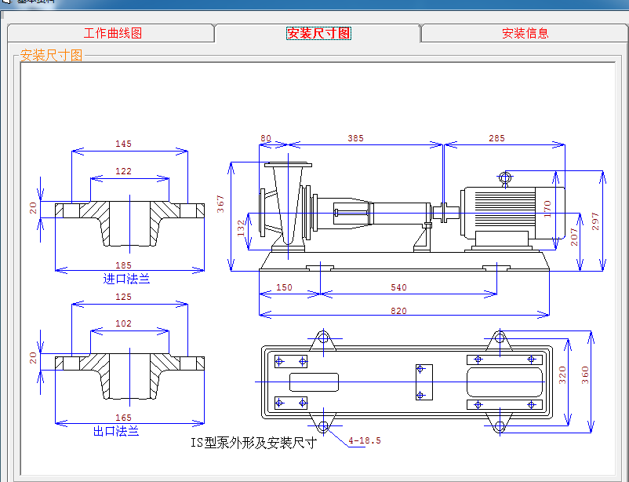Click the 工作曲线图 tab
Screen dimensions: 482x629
(112, 34)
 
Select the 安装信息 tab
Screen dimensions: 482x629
(525, 34)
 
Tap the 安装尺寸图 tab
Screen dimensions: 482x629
(318, 34)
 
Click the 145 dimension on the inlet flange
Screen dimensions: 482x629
(123, 144)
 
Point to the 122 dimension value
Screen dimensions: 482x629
(123, 171)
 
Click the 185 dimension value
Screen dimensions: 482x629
(123, 265)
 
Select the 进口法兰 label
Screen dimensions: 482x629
(126, 279)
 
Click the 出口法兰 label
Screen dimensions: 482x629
(116, 431)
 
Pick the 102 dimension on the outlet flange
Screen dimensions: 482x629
(123, 323)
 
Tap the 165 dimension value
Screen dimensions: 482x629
(123, 418)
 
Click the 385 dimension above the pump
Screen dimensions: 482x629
(355, 138)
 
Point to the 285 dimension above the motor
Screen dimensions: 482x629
(496, 138)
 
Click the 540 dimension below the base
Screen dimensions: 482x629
(398, 287)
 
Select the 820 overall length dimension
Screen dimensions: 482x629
(398, 311)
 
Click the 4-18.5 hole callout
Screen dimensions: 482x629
(365, 440)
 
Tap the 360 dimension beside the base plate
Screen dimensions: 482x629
(584, 375)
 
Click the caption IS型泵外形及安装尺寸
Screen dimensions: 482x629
(253, 443)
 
